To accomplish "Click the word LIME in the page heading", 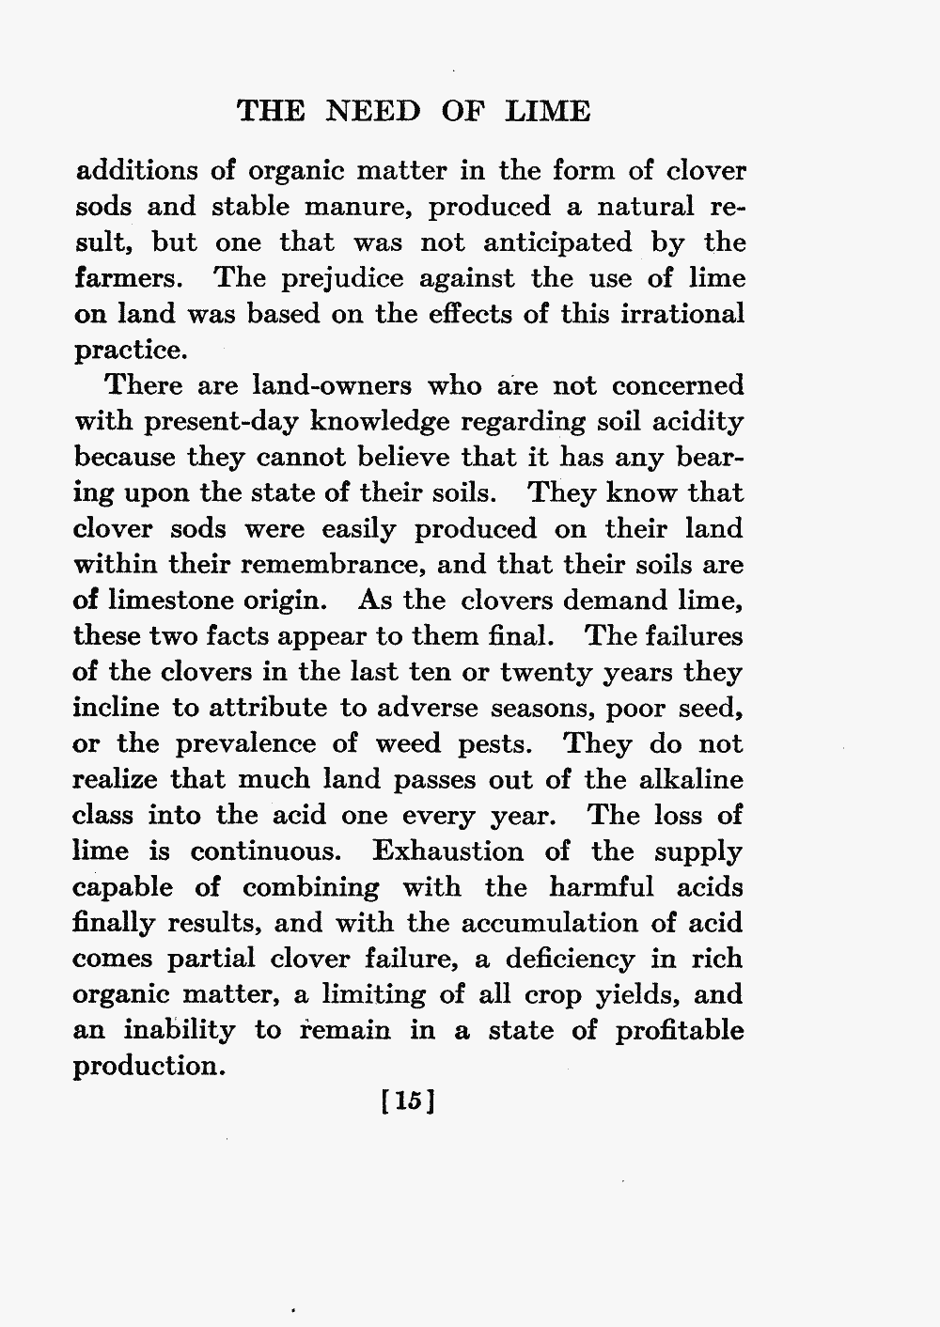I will click(x=548, y=112).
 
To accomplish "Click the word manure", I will click(x=358, y=207).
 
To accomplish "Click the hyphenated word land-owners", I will click(x=332, y=386).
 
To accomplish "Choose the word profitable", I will click(x=680, y=1030).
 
